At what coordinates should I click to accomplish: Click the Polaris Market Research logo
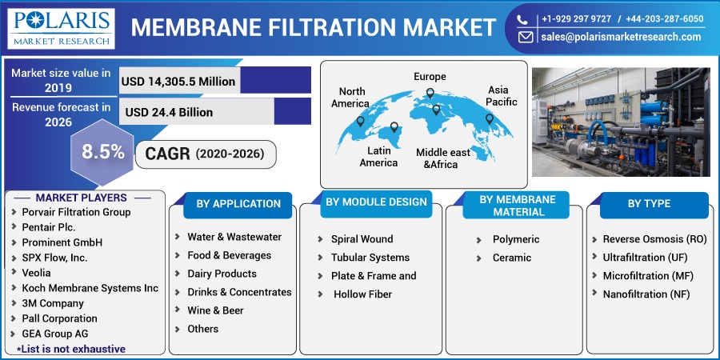click(61, 29)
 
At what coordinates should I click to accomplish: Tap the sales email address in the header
click(621, 37)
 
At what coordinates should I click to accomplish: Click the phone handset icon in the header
click(522, 19)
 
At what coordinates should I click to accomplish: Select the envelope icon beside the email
click(526, 37)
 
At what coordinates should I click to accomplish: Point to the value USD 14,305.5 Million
click(178, 82)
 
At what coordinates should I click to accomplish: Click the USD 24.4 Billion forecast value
click(169, 112)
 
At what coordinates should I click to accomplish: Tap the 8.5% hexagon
click(103, 152)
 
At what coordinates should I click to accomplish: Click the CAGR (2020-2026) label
click(205, 154)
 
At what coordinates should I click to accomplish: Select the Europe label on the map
click(430, 76)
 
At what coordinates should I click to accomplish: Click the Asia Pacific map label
click(501, 95)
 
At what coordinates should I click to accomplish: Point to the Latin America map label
click(379, 156)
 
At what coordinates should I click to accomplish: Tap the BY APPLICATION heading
click(238, 203)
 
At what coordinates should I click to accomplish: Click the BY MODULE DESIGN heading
click(376, 202)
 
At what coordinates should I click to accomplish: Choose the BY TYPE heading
click(649, 203)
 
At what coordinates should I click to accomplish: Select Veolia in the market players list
click(36, 273)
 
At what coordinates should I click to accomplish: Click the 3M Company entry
click(53, 303)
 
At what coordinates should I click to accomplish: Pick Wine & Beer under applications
click(215, 310)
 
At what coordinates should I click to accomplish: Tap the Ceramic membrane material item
click(511, 258)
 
